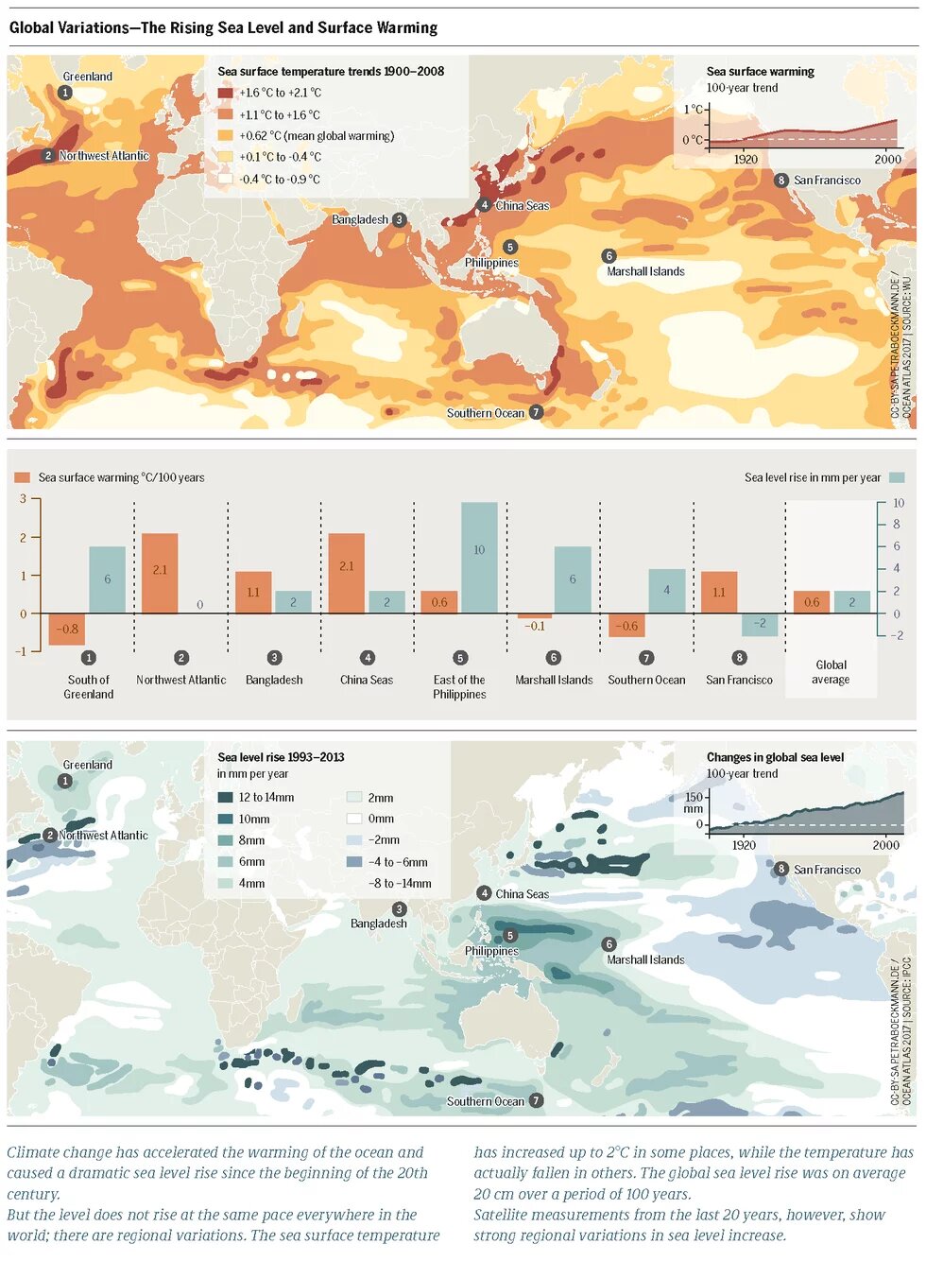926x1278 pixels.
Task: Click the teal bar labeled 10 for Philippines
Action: [x=479, y=558]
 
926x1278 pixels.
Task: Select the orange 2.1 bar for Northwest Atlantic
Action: [x=160, y=574]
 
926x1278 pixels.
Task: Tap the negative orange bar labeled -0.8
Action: [x=67, y=630]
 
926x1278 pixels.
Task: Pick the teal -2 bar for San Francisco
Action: [x=760, y=625]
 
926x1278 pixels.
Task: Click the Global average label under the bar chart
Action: [x=831, y=672]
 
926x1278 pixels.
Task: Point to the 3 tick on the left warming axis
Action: [x=24, y=498]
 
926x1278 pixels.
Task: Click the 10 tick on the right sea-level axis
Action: [x=899, y=503]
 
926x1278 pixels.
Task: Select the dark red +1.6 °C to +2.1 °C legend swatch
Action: [x=225, y=93]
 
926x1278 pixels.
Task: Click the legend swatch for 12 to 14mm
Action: [x=225, y=798]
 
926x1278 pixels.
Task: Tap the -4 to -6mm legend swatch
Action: [x=354, y=861]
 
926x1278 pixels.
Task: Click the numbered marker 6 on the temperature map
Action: [x=609, y=255]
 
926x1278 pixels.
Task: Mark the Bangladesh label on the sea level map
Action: [x=379, y=924]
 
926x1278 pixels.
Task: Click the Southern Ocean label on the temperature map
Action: [x=486, y=413]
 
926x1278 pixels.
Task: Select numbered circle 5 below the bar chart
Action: [x=460, y=658]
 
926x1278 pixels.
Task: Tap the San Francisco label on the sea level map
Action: [x=827, y=870]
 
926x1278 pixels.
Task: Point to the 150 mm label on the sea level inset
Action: [x=694, y=803]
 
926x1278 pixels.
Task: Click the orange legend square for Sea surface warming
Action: [x=23, y=477]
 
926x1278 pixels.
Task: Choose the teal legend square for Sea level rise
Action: [x=897, y=477]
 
